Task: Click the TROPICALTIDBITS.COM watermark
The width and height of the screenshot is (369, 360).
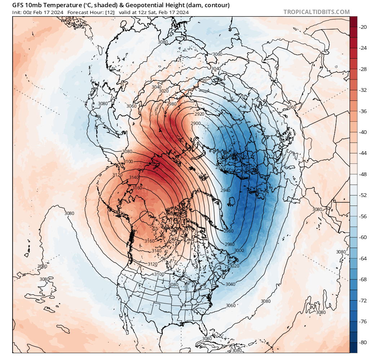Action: tap(316, 12)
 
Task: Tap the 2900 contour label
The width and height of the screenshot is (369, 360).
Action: tap(196, 123)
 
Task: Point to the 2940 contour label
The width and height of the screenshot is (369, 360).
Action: tap(225, 190)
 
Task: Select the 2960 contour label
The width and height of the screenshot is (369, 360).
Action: tap(228, 231)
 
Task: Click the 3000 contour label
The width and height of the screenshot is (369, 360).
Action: tap(239, 250)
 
